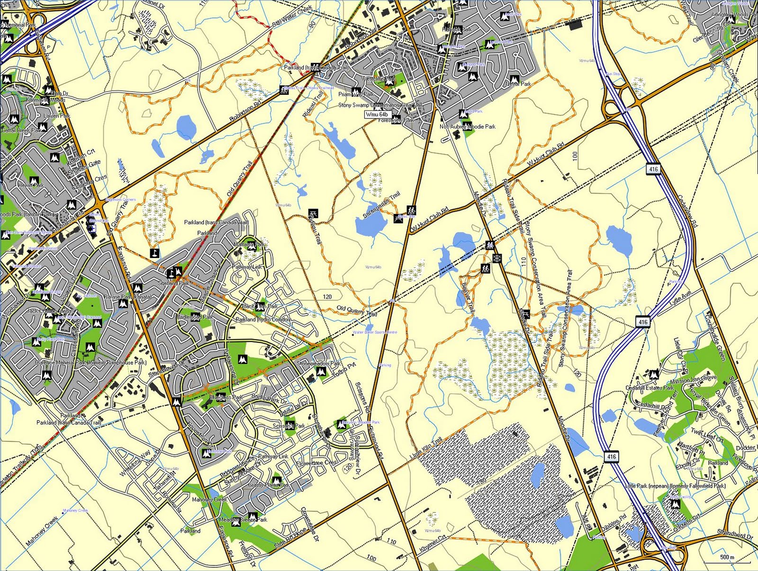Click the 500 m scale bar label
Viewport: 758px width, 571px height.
727,557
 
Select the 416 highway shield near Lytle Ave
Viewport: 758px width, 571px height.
642,322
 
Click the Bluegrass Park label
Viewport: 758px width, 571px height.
226,397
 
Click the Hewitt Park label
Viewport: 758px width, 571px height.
31,185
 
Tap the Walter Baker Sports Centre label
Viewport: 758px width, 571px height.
375,332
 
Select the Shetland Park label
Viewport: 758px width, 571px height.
174,283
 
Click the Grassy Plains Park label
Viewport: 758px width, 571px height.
269,485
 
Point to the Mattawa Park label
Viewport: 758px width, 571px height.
250,245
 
